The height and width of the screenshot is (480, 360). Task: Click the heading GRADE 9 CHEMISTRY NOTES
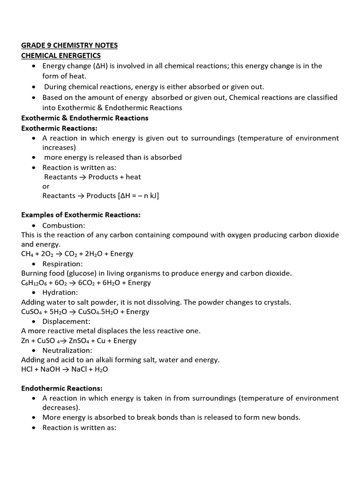69,45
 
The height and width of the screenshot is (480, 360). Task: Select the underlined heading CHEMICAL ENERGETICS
61,56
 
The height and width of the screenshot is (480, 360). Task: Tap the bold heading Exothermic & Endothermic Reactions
85,118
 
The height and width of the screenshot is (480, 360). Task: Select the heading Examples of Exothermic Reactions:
81,215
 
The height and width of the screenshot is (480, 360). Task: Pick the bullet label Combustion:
64,225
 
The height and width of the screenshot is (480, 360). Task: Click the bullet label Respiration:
63,264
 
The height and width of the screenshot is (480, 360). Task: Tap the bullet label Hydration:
60,292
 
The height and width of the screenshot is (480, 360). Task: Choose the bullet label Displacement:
65,322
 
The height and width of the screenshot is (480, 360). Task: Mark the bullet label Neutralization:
67,350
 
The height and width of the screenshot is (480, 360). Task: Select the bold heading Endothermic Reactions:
62,388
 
